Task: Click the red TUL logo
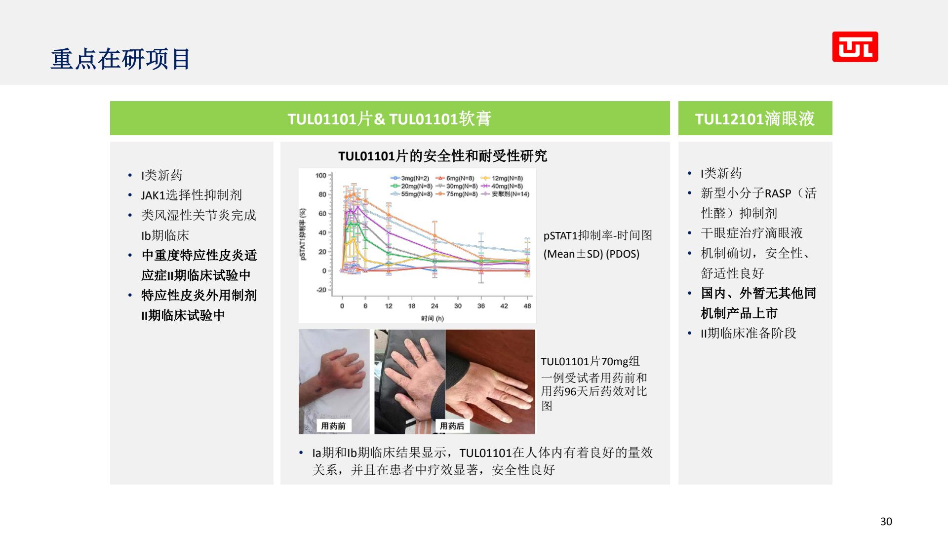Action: point(855,47)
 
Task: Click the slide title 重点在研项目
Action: point(120,59)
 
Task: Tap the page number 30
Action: point(886,521)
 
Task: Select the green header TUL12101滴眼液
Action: point(755,118)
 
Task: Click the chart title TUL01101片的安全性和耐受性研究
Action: point(442,156)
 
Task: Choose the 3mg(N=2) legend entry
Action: point(410,178)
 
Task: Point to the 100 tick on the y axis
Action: point(321,175)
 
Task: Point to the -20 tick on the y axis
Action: point(321,290)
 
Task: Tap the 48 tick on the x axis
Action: point(527,306)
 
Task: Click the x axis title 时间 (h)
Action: point(433,318)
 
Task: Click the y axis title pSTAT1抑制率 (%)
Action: point(303,234)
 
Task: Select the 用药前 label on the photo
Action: point(333,426)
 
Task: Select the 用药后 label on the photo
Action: point(452,426)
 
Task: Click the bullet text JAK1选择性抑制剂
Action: point(192,195)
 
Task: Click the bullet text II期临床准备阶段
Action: point(749,333)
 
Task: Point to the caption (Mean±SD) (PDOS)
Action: point(592,254)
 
